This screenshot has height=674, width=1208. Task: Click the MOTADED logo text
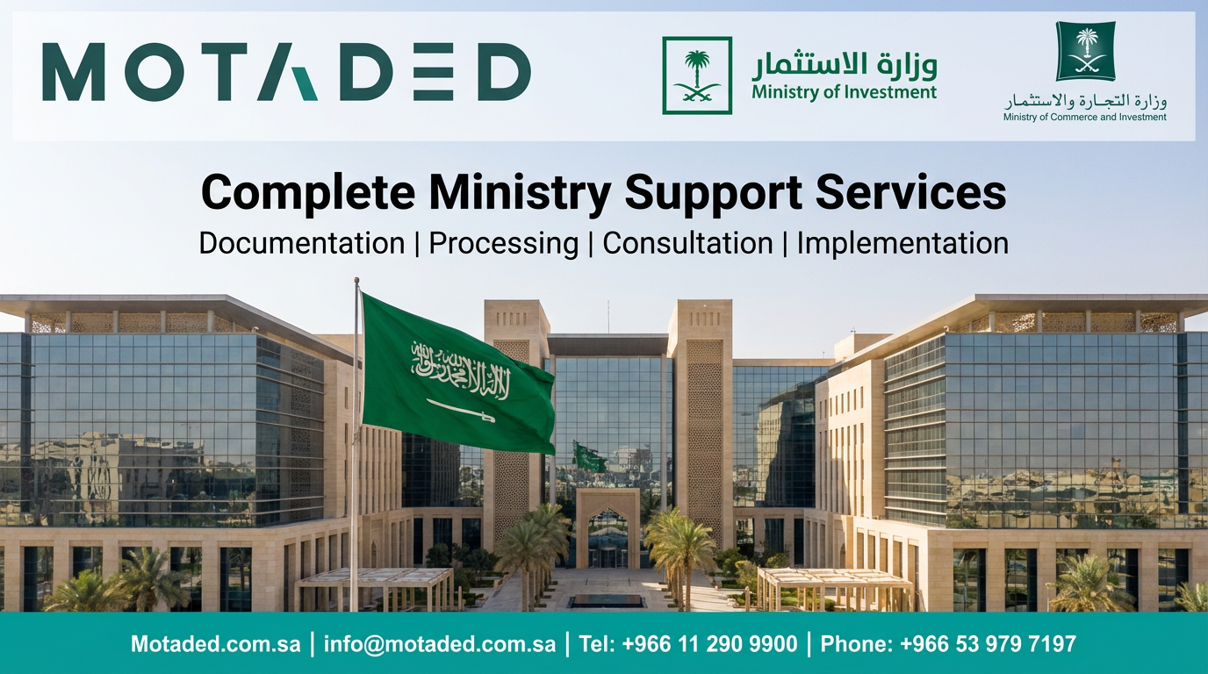point(286,73)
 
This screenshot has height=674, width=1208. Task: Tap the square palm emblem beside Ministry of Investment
point(697,75)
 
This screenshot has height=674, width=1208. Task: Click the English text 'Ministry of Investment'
point(844,92)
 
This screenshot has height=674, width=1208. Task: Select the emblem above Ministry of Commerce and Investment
point(1085,52)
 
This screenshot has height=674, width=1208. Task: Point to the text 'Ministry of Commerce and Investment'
point(1085,117)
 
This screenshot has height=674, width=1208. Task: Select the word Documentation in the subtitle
point(301,243)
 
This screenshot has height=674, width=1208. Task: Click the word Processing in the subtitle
point(503,243)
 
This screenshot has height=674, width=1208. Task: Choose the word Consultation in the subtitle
point(687,243)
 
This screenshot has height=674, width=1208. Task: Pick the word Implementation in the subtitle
point(902,243)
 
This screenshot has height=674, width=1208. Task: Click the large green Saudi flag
point(457,373)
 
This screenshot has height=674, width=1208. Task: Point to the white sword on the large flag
point(461,409)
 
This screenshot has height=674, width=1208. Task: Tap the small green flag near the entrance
point(589,456)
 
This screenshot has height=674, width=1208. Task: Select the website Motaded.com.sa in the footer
point(216,644)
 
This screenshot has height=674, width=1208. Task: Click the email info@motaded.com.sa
point(440,644)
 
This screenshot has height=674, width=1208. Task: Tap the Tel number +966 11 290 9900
point(688,644)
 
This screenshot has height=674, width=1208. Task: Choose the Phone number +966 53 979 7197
point(948,644)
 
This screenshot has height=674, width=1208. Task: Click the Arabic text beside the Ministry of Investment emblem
point(844,63)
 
